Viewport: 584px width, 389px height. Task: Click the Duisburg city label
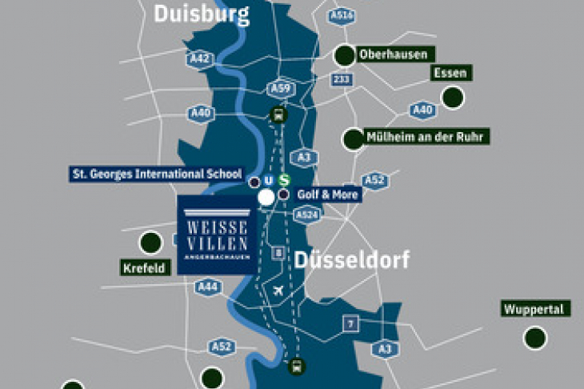[x=201, y=14]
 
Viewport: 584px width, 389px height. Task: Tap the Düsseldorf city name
[x=351, y=259]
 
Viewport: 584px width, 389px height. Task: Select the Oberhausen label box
[x=397, y=54]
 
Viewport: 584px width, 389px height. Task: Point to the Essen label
[x=450, y=73]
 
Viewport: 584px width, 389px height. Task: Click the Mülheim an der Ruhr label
[x=426, y=137]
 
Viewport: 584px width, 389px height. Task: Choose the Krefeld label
[x=146, y=267]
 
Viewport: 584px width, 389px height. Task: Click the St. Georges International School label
[x=157, y=174]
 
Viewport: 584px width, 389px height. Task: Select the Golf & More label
[x=329, y=194]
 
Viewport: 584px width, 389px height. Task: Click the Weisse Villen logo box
[x=216, y=234]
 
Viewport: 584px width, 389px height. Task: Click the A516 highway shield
[x=342, y=15]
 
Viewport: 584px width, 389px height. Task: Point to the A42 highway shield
[x=200, y=58]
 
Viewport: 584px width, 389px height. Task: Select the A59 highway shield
[x=279, y=88]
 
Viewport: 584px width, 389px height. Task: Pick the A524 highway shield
[x=307, y=215]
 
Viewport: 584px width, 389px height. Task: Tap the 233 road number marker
[x=342, y=79]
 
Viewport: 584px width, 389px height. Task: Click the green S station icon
[x=282, y=180]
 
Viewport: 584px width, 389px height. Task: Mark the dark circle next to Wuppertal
[x=535, y=338]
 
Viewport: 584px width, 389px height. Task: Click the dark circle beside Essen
[x=453, y=98]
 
